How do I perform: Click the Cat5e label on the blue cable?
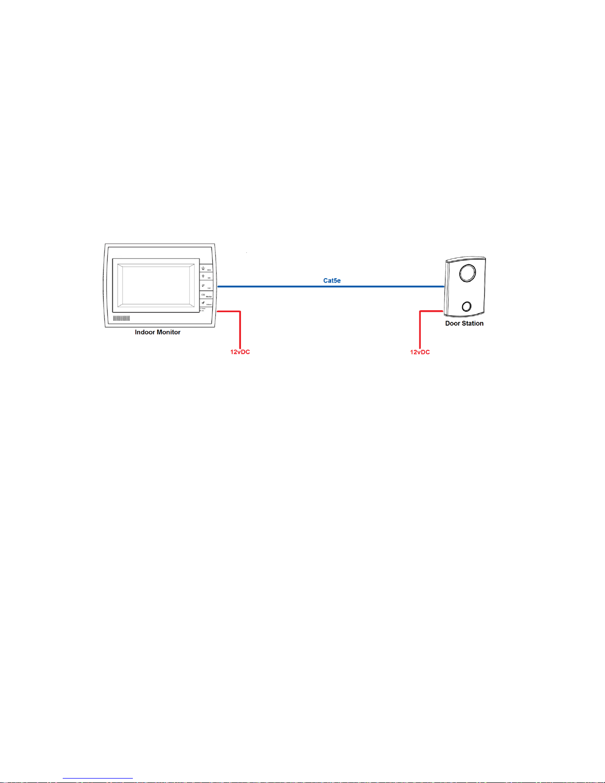pos(332,281)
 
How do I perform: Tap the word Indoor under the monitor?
pos(145,332)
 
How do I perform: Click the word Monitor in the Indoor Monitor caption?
pos(168,332)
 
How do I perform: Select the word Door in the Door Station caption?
pos(452,324)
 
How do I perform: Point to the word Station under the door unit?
pos(473,324)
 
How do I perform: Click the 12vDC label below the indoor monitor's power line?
pos(240,352)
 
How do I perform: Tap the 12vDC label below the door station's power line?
pos(420,352)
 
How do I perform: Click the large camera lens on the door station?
pos(467,273)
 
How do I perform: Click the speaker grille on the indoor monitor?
pos(121,319)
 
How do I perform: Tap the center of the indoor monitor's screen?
pos(156,285)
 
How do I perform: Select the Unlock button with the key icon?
pos(206,303)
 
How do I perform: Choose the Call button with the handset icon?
pos(206,286)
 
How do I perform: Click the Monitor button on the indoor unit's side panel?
pos(206,295)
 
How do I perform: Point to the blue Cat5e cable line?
pos(277,286)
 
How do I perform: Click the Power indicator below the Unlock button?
pos(202,309)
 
